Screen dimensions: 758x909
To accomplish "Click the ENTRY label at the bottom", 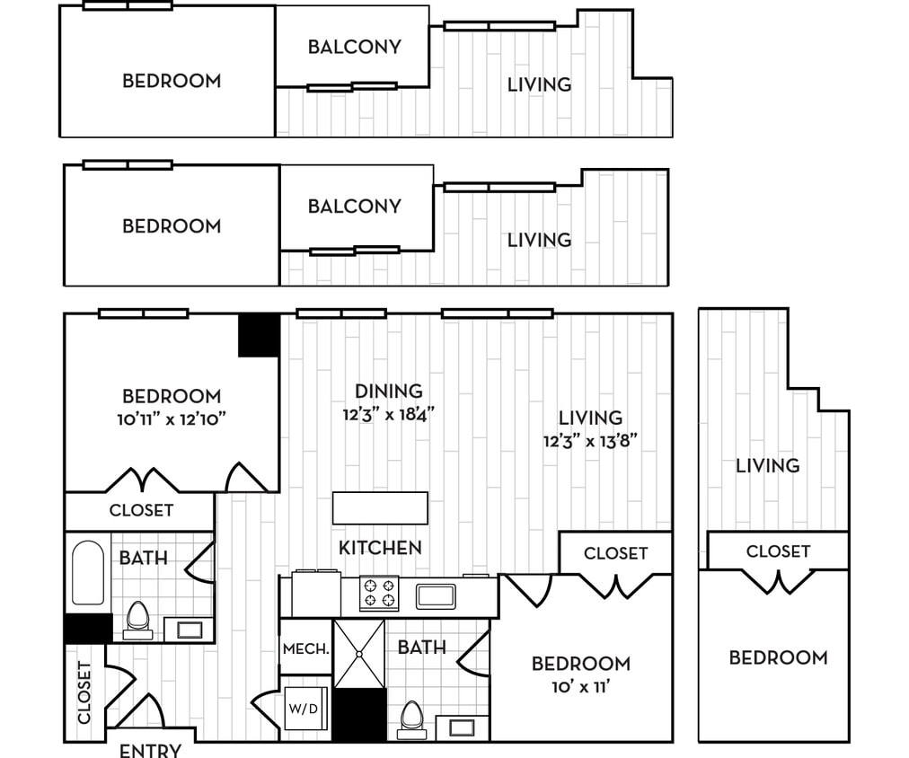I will (150, 750).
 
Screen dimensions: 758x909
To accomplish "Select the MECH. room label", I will (304, 648).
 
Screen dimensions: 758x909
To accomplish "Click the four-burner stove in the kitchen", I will (378, 594).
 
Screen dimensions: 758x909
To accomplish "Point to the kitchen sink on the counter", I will (436, 595).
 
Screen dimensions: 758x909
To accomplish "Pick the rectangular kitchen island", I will (380, 507).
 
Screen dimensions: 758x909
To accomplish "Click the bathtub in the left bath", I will (87, 572).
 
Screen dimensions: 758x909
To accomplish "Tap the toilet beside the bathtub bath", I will (137, 619).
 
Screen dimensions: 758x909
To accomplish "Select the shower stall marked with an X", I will (359, 653).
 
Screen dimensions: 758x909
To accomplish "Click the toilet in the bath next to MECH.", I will (411, 718).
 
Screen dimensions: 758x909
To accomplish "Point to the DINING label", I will (388, 392).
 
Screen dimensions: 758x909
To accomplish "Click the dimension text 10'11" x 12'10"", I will (172, 418).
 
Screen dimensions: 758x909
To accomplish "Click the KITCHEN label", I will (380, 547).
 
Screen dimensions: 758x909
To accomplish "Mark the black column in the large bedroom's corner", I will (259, 335).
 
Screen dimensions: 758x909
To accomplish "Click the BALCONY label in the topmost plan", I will (354, 47).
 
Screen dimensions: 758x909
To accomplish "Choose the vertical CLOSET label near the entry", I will (84, 692).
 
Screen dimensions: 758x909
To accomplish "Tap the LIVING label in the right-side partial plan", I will (767, 465).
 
